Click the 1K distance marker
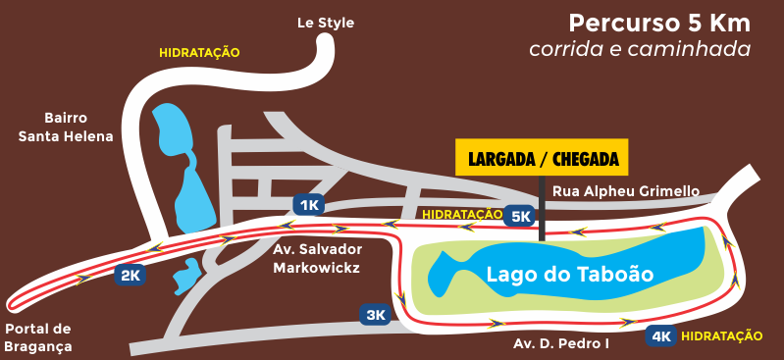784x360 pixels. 308,205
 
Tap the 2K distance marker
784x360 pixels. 130,276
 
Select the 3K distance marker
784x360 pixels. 376,315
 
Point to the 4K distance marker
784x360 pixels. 660,336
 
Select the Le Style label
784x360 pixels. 326,23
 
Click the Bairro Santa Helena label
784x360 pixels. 66,127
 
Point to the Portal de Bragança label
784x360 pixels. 38,336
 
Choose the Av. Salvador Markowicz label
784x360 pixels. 317,258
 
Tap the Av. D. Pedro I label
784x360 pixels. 561,344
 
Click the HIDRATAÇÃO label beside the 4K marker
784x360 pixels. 721,336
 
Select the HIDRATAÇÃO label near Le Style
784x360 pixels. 199,53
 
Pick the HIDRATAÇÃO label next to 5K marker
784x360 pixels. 461,214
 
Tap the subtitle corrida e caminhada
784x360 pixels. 639,48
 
